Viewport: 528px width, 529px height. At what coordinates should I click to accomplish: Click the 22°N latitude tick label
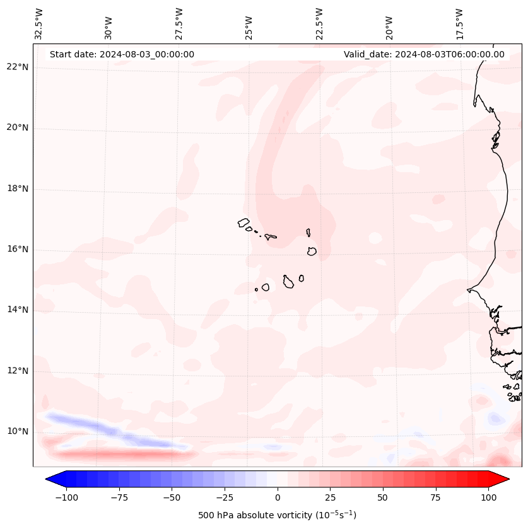pyautogui.click(x=18, y=67)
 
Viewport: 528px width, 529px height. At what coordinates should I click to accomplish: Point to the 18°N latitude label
pyautogui.click(x=18, y=189)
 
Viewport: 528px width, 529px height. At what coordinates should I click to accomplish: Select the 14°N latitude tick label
pyautogui.click(x=18, y=310)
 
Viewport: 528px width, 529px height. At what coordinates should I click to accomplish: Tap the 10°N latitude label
pyautogui.click(x=18, y=431)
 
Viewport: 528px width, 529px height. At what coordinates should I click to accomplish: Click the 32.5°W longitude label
pyautogui.click(x=40, y=23)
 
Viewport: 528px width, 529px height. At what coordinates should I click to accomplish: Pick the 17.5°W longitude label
pyautogui.click(x=459, y=23)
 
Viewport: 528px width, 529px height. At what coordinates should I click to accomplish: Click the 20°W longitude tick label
pyautogui.click(x=389, y=27)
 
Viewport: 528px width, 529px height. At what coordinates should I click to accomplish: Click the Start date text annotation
pyautogui.click(x=122, y=54)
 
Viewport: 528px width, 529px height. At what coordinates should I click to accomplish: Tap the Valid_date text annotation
pyautogui.click(x=424, y=54)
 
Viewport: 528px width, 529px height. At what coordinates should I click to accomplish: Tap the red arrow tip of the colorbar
pyautogui.click(x=501, y=479)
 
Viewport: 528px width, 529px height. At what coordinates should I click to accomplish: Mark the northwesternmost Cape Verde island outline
pyautogui.click(x=243, y=223)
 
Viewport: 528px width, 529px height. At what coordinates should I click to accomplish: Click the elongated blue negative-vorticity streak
pyautogui.click(x=114, y=430)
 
